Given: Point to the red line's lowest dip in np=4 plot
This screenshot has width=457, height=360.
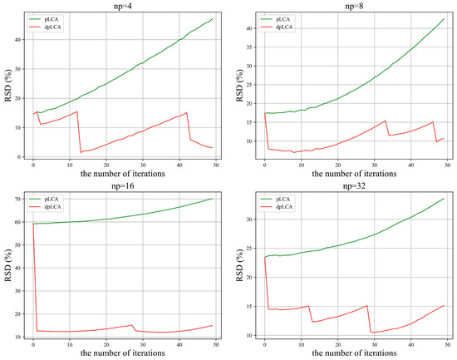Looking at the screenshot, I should pyautogui.click(x=81, y=152).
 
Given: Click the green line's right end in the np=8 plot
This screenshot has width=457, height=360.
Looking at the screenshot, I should pyautogui.click(x=444, y=19).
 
